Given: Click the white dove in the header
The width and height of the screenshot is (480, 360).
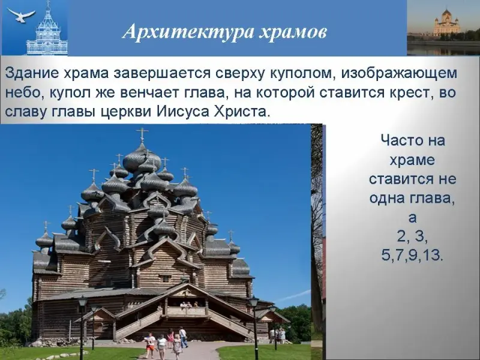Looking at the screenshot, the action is [x=20, y=16].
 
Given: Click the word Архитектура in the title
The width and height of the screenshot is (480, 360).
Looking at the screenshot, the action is [x=188, y=32].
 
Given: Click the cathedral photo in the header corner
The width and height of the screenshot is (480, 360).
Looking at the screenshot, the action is [x=443, y=28].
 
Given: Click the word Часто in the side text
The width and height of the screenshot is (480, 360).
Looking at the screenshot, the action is [x=398, y=140].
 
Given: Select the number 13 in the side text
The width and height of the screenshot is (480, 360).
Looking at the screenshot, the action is [x=433, y=254].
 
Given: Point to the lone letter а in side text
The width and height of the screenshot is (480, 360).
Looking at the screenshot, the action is [x=412, y=217].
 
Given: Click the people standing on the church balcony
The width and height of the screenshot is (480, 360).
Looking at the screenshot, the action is [x=187, y=305].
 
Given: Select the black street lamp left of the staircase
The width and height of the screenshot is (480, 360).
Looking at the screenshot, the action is [x=82, y=325].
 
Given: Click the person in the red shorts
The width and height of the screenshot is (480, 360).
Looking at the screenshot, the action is [x=150, y=342].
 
